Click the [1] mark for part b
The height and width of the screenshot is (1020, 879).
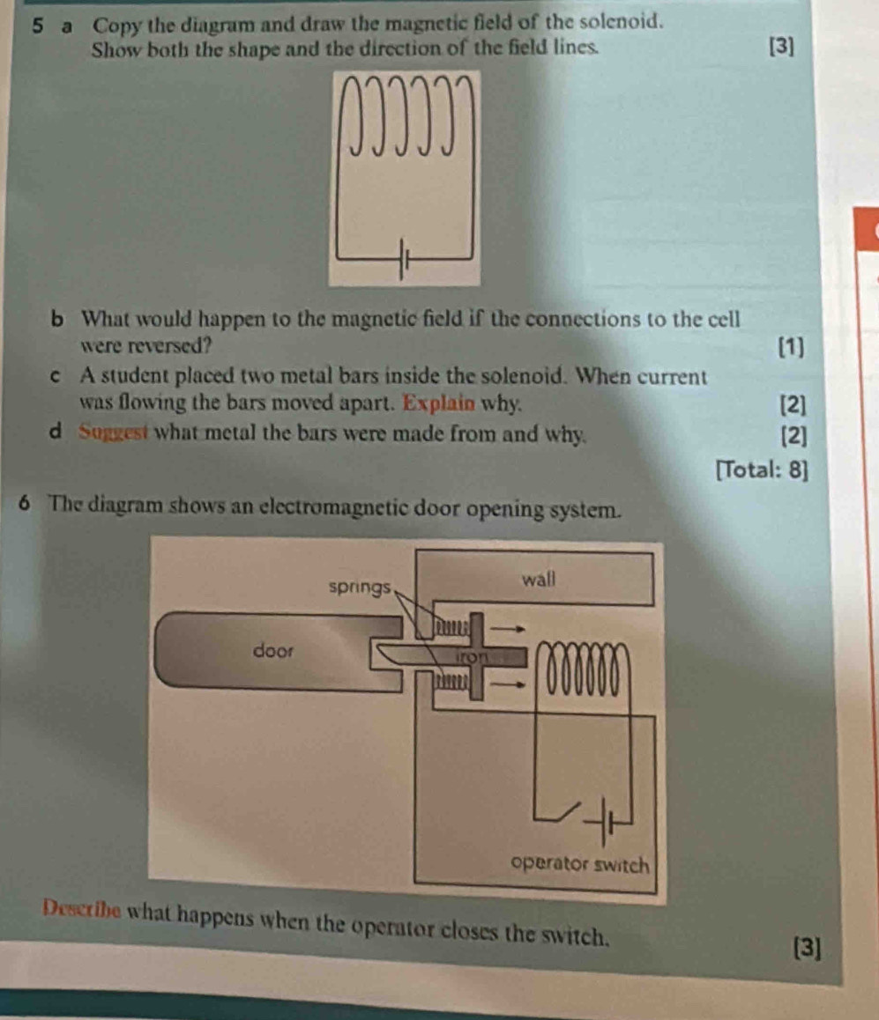pos(791,347)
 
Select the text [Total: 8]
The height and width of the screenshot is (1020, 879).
pos(762,469)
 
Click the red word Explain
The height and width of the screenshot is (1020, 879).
pos(439,403)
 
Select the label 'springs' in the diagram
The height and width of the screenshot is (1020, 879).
pos(360,588)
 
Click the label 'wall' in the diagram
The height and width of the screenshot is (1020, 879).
pos(539,579)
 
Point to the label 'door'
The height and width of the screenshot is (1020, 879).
pos(273,650)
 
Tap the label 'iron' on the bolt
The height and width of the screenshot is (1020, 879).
pos(472,657)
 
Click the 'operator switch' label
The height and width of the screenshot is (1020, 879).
pos(580,864)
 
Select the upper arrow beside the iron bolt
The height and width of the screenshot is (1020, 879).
pos(507,629)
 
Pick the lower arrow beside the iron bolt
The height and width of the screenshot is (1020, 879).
pos(507,684)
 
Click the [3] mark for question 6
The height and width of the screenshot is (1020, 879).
pos(808,947)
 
